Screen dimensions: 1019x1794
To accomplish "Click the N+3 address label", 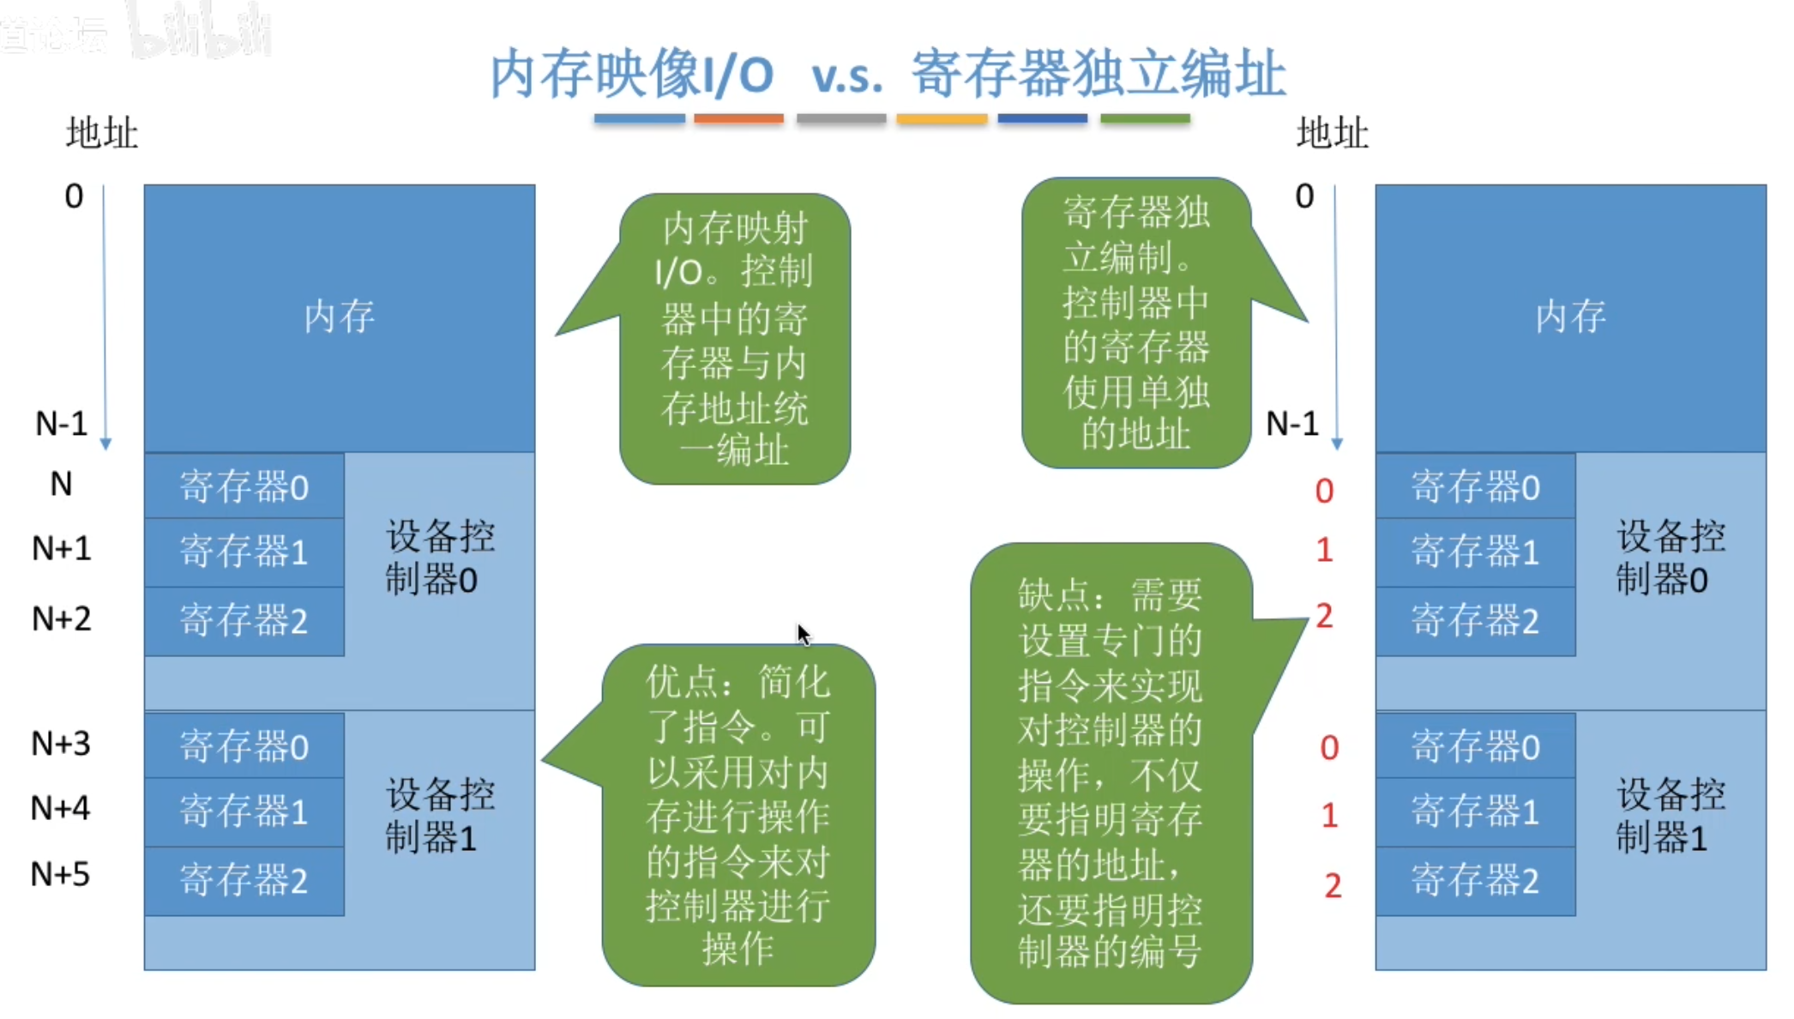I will click(60, 744).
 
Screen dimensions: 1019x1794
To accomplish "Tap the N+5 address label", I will click(60, 875).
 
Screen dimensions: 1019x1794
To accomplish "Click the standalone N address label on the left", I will click(61, 485).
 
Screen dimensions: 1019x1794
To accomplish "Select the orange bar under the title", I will click(738, 119).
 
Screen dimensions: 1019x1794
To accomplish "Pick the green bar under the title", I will click(1145, 119).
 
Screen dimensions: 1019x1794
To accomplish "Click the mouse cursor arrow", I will click(803, 635).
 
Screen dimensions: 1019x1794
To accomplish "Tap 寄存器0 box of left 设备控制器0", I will click(244, 487).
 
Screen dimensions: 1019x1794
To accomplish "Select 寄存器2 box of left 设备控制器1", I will click(244, 881).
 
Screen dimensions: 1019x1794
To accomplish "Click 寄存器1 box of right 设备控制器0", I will click(1475, 552).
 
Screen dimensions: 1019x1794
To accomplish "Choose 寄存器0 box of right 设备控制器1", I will click(1475, 746).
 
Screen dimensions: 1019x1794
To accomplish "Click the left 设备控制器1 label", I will click(439, 816).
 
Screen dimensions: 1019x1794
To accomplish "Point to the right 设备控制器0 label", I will click(1670, 558).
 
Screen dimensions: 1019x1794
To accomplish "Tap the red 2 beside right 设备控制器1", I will click(1332, 885).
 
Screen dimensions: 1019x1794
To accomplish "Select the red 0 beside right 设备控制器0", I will click(1324, 491).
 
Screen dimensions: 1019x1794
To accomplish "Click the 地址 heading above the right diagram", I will click(1332, 134).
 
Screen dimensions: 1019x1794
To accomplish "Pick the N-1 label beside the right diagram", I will click(1292, 424).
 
